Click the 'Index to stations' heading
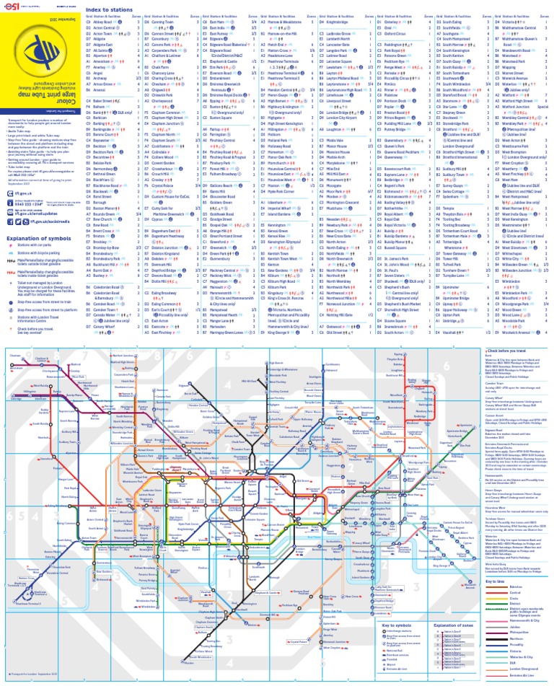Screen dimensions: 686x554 click(x=109, y=8)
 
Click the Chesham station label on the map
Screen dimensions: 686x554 click(x=25, y=355)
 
